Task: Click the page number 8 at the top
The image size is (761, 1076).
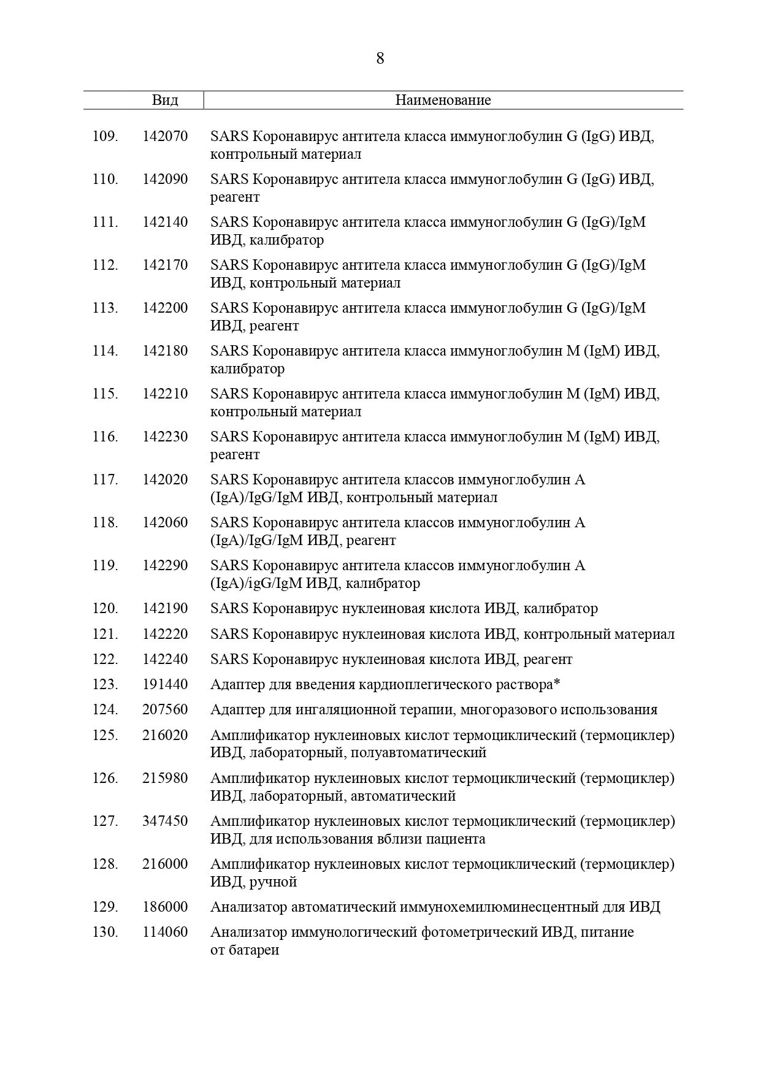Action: point(380,59)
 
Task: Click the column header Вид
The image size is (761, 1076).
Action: point(165,100)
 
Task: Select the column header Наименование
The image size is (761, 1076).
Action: point(443,100)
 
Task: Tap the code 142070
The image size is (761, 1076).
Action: point(165,136)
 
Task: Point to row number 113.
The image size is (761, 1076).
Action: point(105,308)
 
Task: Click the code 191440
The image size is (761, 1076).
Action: point(165,684)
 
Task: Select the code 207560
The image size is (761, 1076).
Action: point(165,709)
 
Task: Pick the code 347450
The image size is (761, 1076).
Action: point(165,821)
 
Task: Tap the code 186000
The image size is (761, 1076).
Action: point(165,907)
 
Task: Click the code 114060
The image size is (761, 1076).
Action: point(165,932)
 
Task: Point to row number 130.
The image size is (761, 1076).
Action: point(105,932)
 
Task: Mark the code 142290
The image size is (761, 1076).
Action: point(165,565)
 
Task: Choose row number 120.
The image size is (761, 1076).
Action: point(105,609)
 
